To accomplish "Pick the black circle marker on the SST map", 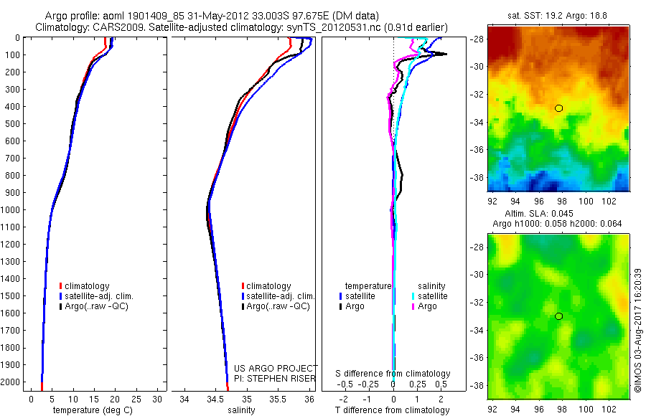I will point(558,108).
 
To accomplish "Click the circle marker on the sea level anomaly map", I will point(558,316).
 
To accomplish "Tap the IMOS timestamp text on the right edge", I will point(637,331).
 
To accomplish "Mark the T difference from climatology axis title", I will point(393,410).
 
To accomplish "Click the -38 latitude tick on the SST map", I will point(477,177).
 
